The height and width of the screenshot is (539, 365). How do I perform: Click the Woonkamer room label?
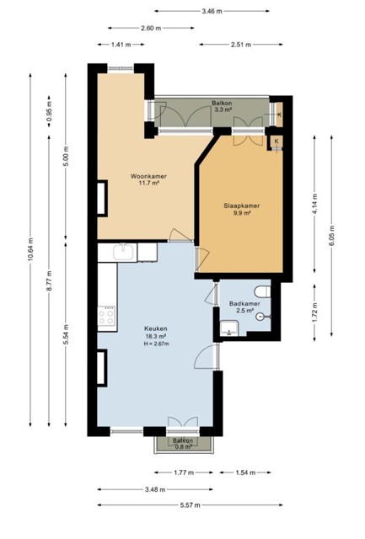[x=148, y=176]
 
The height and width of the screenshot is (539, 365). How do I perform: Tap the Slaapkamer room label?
[x=241, y=205]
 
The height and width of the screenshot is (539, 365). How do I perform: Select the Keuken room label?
[x=156, y=328]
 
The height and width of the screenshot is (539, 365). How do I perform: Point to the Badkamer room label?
[x=244, y=304]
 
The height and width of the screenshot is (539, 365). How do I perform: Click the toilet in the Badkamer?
[x=262, y=292]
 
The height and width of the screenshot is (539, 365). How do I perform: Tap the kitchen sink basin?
[x=123, y=252]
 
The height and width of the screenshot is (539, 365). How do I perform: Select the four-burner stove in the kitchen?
[x=107, y=316]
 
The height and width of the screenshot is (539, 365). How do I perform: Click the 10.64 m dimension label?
[x=30, y=249]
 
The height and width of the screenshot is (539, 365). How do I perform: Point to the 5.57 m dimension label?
[x=191, y=505]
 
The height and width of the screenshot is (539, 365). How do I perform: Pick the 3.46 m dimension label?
[x=212, y=11]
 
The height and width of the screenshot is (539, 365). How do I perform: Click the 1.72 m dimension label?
[x=314, y=312]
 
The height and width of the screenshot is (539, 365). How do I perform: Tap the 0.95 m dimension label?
[x=49, y=112]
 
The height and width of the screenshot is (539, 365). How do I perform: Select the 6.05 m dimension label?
[x=331, y=236]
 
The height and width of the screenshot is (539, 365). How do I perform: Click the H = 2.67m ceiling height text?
[x=156, y=344]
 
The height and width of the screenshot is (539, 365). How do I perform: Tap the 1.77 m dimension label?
[x=184, y=472]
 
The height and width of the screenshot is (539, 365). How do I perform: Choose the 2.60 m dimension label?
[x=151, y=28]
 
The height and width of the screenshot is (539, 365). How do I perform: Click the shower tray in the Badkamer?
[x=229, y=328]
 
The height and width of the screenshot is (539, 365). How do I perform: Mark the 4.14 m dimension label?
[x=314, y=204]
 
